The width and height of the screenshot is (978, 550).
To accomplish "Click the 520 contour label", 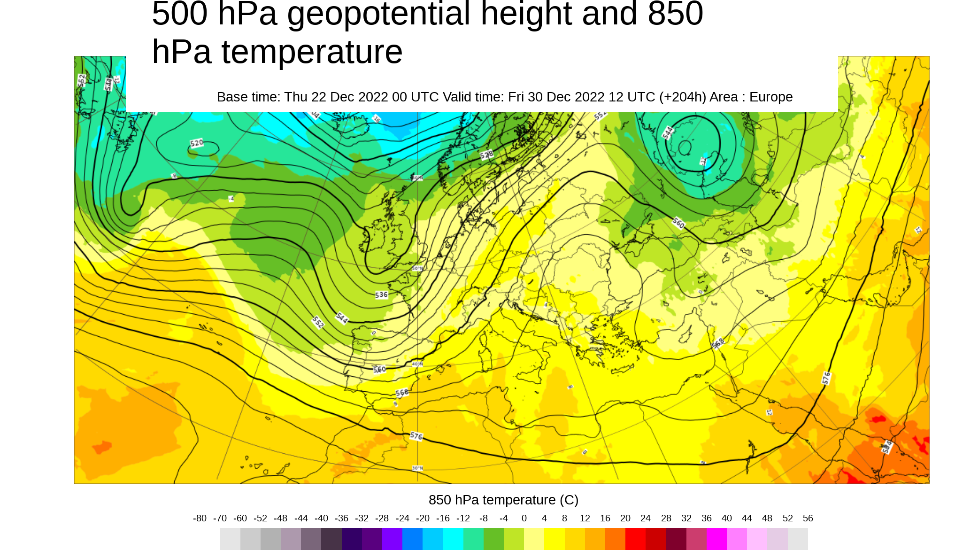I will [197, 143].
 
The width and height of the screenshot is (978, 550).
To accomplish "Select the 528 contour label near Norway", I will [487, 155].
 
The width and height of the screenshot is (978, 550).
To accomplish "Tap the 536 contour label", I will [381, 295].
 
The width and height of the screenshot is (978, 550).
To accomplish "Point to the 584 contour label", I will [886, 447].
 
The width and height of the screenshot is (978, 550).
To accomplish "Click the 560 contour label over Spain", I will [379, 369].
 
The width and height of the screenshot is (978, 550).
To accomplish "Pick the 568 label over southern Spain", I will [402, 393].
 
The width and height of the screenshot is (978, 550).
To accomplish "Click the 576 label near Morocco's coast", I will [416, 436].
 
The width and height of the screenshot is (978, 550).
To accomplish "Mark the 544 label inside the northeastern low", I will [668, 133].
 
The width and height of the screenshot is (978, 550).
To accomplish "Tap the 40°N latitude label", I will [417, 364].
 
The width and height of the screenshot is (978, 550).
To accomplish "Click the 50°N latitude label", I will [417, 269].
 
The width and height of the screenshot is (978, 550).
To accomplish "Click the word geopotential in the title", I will [378, 14].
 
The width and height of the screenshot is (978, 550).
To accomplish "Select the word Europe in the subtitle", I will [770, 97].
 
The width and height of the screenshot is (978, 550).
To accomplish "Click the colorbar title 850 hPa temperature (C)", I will [503, 500].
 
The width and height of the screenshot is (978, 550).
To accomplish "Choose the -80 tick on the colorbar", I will [200, 519].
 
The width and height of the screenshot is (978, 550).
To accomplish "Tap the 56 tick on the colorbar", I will [808, 519].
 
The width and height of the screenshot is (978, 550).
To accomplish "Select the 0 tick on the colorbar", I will [524, 519].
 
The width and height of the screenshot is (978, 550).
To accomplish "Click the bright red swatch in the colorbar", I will [635, 539].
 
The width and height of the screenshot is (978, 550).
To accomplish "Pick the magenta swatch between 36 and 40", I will [716, 539].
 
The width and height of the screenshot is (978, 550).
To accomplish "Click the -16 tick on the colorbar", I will [443, 519].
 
